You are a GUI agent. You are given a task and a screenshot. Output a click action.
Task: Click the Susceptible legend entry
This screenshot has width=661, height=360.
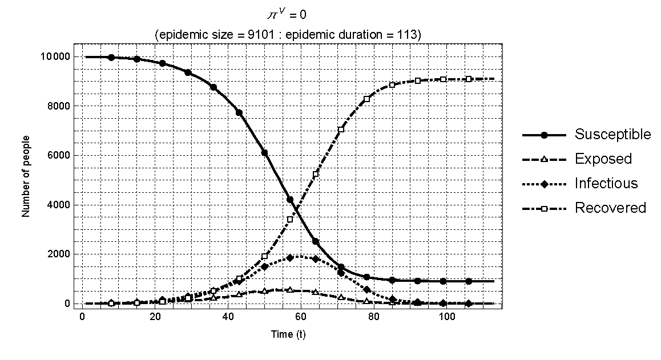612,135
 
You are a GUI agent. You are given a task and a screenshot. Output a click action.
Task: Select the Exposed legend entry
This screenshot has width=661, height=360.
603,159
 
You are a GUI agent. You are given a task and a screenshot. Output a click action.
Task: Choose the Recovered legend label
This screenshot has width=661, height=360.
610,208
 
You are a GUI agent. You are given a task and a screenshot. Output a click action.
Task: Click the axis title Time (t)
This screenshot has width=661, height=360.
288,334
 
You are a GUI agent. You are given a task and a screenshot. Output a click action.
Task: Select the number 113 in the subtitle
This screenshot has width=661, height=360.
409,35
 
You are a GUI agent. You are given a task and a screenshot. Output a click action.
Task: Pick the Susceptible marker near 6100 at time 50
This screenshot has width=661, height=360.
264,152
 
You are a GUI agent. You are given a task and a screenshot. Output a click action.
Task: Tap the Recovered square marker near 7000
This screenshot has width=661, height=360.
341,130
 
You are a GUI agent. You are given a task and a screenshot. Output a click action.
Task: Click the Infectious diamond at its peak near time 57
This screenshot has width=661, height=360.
290,257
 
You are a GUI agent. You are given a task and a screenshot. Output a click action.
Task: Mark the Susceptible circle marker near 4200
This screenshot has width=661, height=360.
290,200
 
